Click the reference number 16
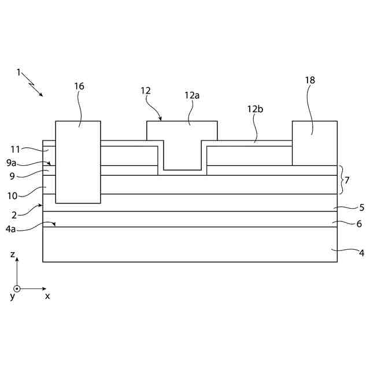tap(79, 86)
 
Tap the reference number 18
tap(310, 80)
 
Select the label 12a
tap(192, 95)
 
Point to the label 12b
tap(256, 109)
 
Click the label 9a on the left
tap(12, 163)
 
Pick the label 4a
tap(11, 229)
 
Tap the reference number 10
tap(12, 189)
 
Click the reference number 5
tap(362, 207)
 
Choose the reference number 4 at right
tap(362, 252)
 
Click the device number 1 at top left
tap(18, 73)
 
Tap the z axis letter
tap(13, 254)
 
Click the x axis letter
tap(47, 296)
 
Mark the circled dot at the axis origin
tap(17, 288)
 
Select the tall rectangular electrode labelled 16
tap(78, 162)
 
